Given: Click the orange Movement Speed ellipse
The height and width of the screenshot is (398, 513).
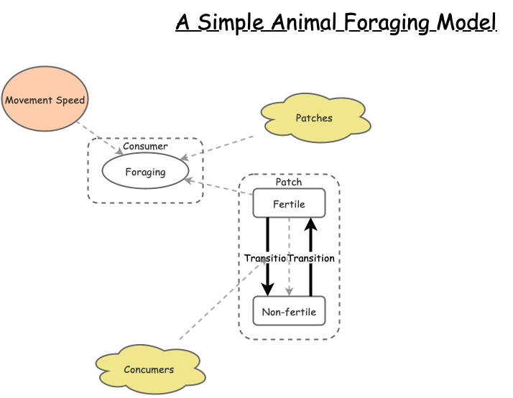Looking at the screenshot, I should [x=45, y=99].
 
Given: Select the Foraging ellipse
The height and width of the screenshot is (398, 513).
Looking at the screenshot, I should [x=145, y=171].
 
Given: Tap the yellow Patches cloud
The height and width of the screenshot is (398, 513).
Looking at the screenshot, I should [x=315, y=117].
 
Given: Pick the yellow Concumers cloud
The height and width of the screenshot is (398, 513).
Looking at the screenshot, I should [x=149, y=369].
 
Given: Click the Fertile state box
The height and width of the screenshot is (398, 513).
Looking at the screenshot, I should [x=289, y=203].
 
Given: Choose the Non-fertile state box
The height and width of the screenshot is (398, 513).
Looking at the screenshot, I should [x=289, y=311].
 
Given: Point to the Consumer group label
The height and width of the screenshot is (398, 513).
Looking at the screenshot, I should [x=145, y=147].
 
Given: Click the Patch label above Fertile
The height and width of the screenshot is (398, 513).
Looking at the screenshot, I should [x=289, y=182].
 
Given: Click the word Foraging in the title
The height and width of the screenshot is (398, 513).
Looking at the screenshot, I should [x=387, y=23].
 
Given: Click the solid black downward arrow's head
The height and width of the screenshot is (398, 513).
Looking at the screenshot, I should [x=267, y=290].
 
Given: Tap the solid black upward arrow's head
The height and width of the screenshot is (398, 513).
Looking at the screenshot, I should [x=310, y=223].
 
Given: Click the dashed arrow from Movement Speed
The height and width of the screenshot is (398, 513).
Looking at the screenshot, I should [x=99, y=138].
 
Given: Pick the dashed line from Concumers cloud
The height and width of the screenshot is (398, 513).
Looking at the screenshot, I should [x=216, y=307].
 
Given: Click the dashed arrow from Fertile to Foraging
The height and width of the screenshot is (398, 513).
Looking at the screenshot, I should [x=219, y=187].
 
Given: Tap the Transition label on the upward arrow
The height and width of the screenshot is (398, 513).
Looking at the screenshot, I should [x=312, y=258].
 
